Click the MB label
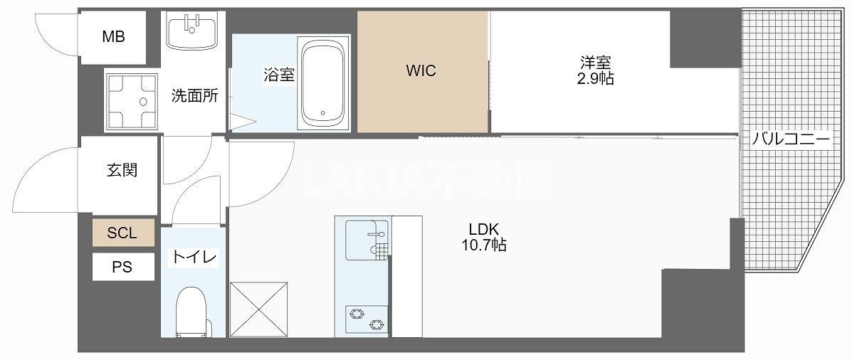[114, 37]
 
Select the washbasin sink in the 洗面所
[192, 31]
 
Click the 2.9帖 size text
[596, 79]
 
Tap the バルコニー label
[791, 140]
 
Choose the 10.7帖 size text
[483, 246]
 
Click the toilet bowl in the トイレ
[193, 312]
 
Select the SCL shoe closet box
[123, 233]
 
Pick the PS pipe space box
[123, 267]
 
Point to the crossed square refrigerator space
[258, 309]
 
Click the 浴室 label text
[279, 75]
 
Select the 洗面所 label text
[194, 96]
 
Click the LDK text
[484, 229]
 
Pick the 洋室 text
[596, 64]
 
